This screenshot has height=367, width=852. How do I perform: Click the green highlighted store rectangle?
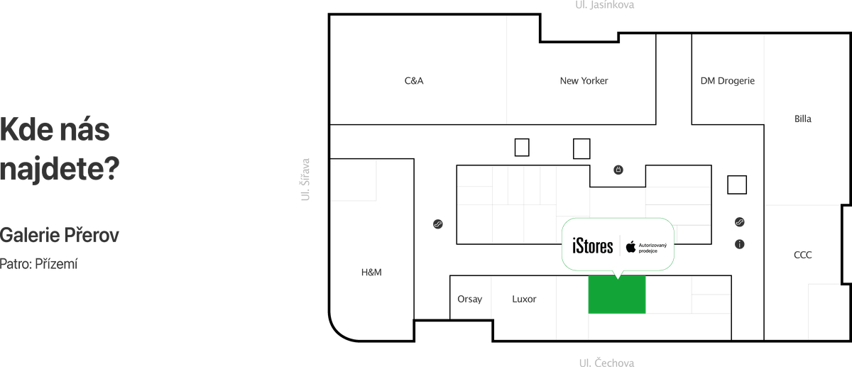pos(616,295)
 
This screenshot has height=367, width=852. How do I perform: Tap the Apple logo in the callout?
pos(630,246)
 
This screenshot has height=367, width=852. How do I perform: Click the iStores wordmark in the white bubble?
pos(592,246)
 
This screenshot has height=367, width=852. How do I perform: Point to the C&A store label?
pos(414,82)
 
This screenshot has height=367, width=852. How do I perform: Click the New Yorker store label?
pos(584,82)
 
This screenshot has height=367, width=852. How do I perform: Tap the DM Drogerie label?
pos(727,82)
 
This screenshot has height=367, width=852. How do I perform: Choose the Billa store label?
pos(803,119)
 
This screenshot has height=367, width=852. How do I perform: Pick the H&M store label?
pos(372,272)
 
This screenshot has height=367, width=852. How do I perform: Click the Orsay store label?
pos(470,299)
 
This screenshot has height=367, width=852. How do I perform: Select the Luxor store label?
pos(524,299)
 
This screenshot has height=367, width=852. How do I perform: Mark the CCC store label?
pos(803,255)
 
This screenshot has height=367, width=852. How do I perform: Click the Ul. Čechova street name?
pos(606,362)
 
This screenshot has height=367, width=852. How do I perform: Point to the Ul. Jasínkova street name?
pos(604,5)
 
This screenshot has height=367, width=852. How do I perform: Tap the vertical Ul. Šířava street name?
pos(306,180)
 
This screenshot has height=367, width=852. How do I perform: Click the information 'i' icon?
pos(740,244)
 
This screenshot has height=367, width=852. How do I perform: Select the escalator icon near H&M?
pos(438,225)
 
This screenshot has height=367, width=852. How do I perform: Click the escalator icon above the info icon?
pos(740,222)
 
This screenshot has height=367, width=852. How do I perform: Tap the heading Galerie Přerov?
pos(60,235)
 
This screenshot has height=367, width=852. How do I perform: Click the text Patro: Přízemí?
pos(39,263)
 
